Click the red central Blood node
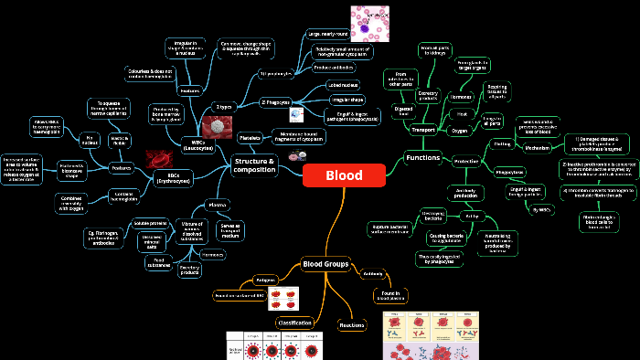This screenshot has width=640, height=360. click(344, 175)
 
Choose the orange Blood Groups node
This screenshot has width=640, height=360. click(325, 265)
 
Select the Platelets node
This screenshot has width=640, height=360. click(250, 138)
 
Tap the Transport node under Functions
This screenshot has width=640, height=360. click(423, 130)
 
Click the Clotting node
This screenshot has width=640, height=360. click(502, 143)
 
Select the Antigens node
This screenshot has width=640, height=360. click(265, 280)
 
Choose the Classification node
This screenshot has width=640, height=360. click(294, 323)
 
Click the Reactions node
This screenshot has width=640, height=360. click(352, 324)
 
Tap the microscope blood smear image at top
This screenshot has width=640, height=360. click(371, 23)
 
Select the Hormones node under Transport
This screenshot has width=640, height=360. click(461, 97)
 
